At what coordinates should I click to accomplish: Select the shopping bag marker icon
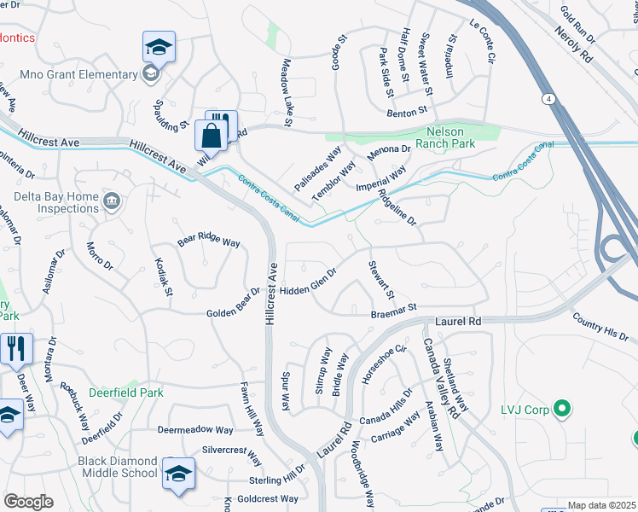[211, 137]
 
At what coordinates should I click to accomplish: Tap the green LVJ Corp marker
[561, 410]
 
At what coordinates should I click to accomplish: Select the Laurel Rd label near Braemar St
[459, 322]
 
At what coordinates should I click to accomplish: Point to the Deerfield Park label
[125, 393]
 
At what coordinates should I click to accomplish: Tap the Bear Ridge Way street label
[208, 241]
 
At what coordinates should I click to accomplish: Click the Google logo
[28, 502]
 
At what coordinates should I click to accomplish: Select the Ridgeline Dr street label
[397, 207]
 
